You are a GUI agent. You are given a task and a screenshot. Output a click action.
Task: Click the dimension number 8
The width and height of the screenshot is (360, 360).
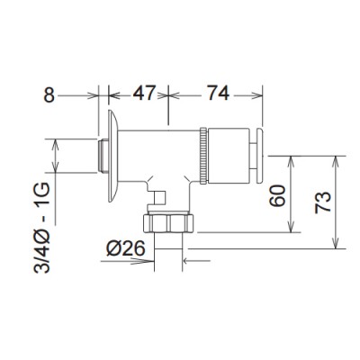pos(49,96)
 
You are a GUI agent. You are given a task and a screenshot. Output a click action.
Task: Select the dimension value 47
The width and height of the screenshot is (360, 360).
pos(145,94)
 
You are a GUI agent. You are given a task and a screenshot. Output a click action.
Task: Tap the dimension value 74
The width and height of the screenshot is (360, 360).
pos(218,94)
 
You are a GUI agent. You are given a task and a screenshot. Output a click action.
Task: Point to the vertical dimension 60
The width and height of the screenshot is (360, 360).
pos(277,195)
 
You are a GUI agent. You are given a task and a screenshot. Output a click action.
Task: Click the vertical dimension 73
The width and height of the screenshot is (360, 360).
pos(323,202)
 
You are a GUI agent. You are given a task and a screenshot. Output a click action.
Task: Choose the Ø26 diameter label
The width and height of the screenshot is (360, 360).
pos(126,248)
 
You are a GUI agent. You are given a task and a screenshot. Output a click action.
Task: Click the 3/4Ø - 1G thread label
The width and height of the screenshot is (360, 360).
pos(41,228)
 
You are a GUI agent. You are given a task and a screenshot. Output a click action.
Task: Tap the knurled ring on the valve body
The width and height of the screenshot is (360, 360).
pos(203,156)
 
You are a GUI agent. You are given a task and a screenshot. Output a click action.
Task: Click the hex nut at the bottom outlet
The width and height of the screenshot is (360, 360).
pos(168,222)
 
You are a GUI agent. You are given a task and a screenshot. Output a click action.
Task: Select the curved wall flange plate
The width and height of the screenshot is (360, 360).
pos(112,156)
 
